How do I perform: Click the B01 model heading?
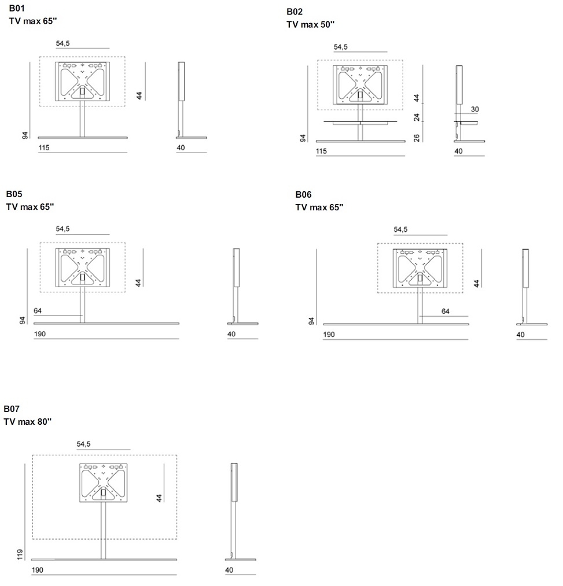17,8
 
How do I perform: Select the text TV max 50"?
310,25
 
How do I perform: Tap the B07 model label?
11,409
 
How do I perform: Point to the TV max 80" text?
27,421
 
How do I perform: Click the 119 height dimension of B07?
20,554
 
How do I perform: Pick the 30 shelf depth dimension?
474,109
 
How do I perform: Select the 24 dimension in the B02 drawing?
417,117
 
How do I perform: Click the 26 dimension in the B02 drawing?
417,138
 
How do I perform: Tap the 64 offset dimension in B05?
38,310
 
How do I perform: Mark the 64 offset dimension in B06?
445,311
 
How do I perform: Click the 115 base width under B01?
44,147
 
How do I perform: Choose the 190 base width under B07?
38,570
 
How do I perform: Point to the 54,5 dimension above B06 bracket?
400,229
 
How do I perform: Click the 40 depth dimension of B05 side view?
231,334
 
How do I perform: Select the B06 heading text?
303,195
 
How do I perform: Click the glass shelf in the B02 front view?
360,121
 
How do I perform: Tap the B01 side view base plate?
192,138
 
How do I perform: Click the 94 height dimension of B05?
23,320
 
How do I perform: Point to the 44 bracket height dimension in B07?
159,498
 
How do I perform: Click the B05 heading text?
14,194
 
